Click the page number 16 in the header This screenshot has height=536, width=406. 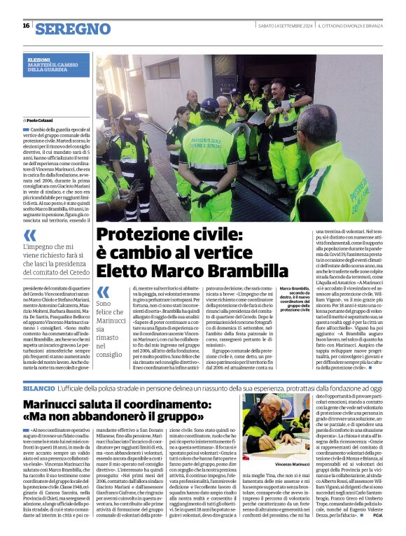click(26, 26)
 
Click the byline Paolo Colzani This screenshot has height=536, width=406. click(43, 120)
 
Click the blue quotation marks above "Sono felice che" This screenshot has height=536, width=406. click(104, 291)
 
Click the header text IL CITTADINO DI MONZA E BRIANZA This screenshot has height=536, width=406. click(350, 26)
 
